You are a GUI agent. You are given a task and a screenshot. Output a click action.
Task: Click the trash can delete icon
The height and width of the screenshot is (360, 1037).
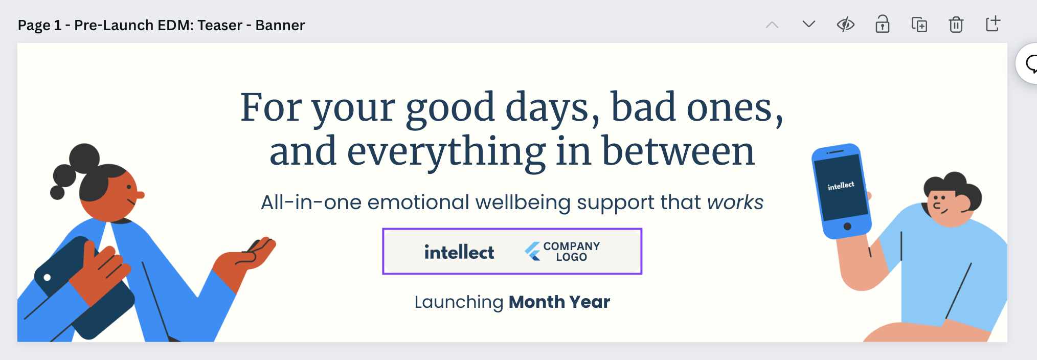pos(956,24)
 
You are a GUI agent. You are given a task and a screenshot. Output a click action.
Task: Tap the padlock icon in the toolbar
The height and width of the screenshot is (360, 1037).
pos(882,24)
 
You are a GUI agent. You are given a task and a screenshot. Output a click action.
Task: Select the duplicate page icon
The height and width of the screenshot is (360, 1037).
pos(919,25)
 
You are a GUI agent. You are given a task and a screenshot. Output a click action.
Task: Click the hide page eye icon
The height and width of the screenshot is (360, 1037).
pos(845,25)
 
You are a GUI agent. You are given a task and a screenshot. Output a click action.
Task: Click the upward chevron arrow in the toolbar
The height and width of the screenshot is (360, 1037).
pos(772,25)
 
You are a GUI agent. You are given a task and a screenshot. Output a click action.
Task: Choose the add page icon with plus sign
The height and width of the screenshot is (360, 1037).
pos(993,24)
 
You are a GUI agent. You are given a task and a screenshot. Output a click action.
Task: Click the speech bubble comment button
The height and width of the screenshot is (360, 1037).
pos(1029,64)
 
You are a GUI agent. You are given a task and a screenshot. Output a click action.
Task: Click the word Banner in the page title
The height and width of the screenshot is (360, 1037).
pos(280,25)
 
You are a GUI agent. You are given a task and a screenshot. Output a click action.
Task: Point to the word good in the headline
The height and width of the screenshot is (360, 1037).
pos(450,108)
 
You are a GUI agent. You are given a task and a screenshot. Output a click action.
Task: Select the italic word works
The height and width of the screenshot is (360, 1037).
pos(735,202)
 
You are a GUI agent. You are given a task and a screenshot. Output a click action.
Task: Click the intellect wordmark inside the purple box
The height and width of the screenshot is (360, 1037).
pos(459,252)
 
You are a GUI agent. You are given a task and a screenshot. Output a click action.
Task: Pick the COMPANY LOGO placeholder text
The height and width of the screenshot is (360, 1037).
pos(571,252)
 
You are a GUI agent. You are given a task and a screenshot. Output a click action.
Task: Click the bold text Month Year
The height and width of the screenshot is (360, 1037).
pos(559,302)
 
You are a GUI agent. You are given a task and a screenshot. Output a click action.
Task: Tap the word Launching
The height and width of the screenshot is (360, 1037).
pos(459,303)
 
